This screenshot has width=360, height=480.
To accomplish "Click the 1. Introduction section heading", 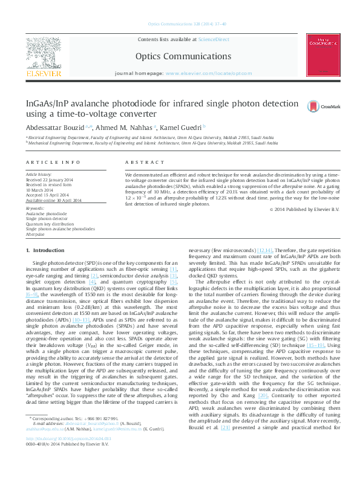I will coord(45,250).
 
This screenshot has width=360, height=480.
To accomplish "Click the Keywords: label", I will coord(35,209).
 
